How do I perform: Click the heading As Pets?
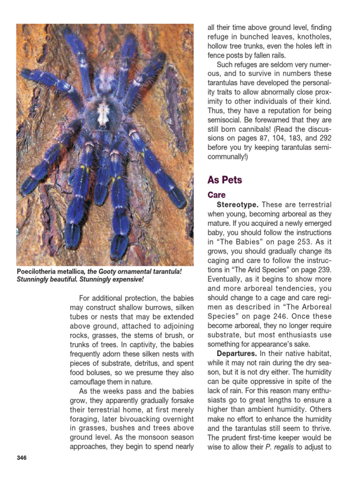coord(225,180)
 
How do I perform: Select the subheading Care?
coord(217,195)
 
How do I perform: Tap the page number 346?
coord(21,457)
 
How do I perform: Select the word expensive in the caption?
coord(124,279)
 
